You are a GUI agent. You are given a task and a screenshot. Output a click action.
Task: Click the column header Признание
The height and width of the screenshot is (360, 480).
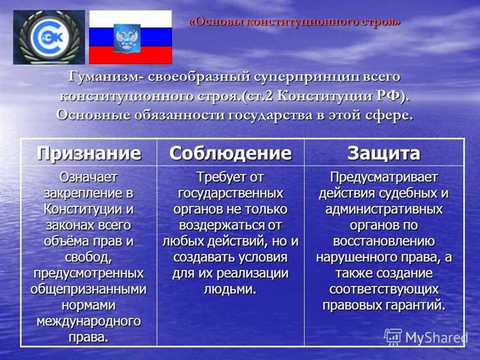coord(89,153)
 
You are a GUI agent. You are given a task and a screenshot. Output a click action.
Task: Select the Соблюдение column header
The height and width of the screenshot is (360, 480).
coord(230,153)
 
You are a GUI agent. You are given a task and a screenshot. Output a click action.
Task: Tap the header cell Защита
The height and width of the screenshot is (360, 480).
coord(384,153)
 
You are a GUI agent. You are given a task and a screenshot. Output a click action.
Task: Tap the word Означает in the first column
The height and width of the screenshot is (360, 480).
coord(89,176)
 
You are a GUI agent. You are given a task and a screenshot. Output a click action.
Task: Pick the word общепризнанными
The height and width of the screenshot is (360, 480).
coord(89,288)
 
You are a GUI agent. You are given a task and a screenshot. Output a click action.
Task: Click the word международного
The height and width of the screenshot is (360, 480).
coord(89,320)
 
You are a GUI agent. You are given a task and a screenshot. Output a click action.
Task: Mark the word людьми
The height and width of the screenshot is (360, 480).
coord(230,289)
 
